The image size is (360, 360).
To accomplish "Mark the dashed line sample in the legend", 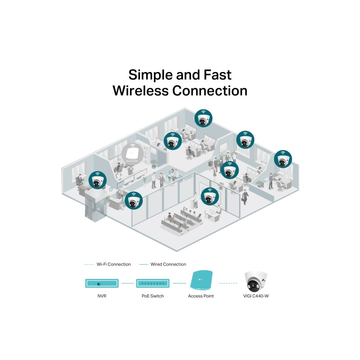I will (90, 264).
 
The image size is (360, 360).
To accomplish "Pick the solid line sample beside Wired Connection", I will (144, 264).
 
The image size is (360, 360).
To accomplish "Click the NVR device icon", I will (102, 283).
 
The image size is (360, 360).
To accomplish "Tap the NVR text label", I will (102, 296).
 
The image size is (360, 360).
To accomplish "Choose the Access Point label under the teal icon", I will (201, 296).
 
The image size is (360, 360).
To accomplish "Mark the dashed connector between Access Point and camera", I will (228, 283).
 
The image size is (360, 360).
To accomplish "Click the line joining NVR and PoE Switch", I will (128, 283).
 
